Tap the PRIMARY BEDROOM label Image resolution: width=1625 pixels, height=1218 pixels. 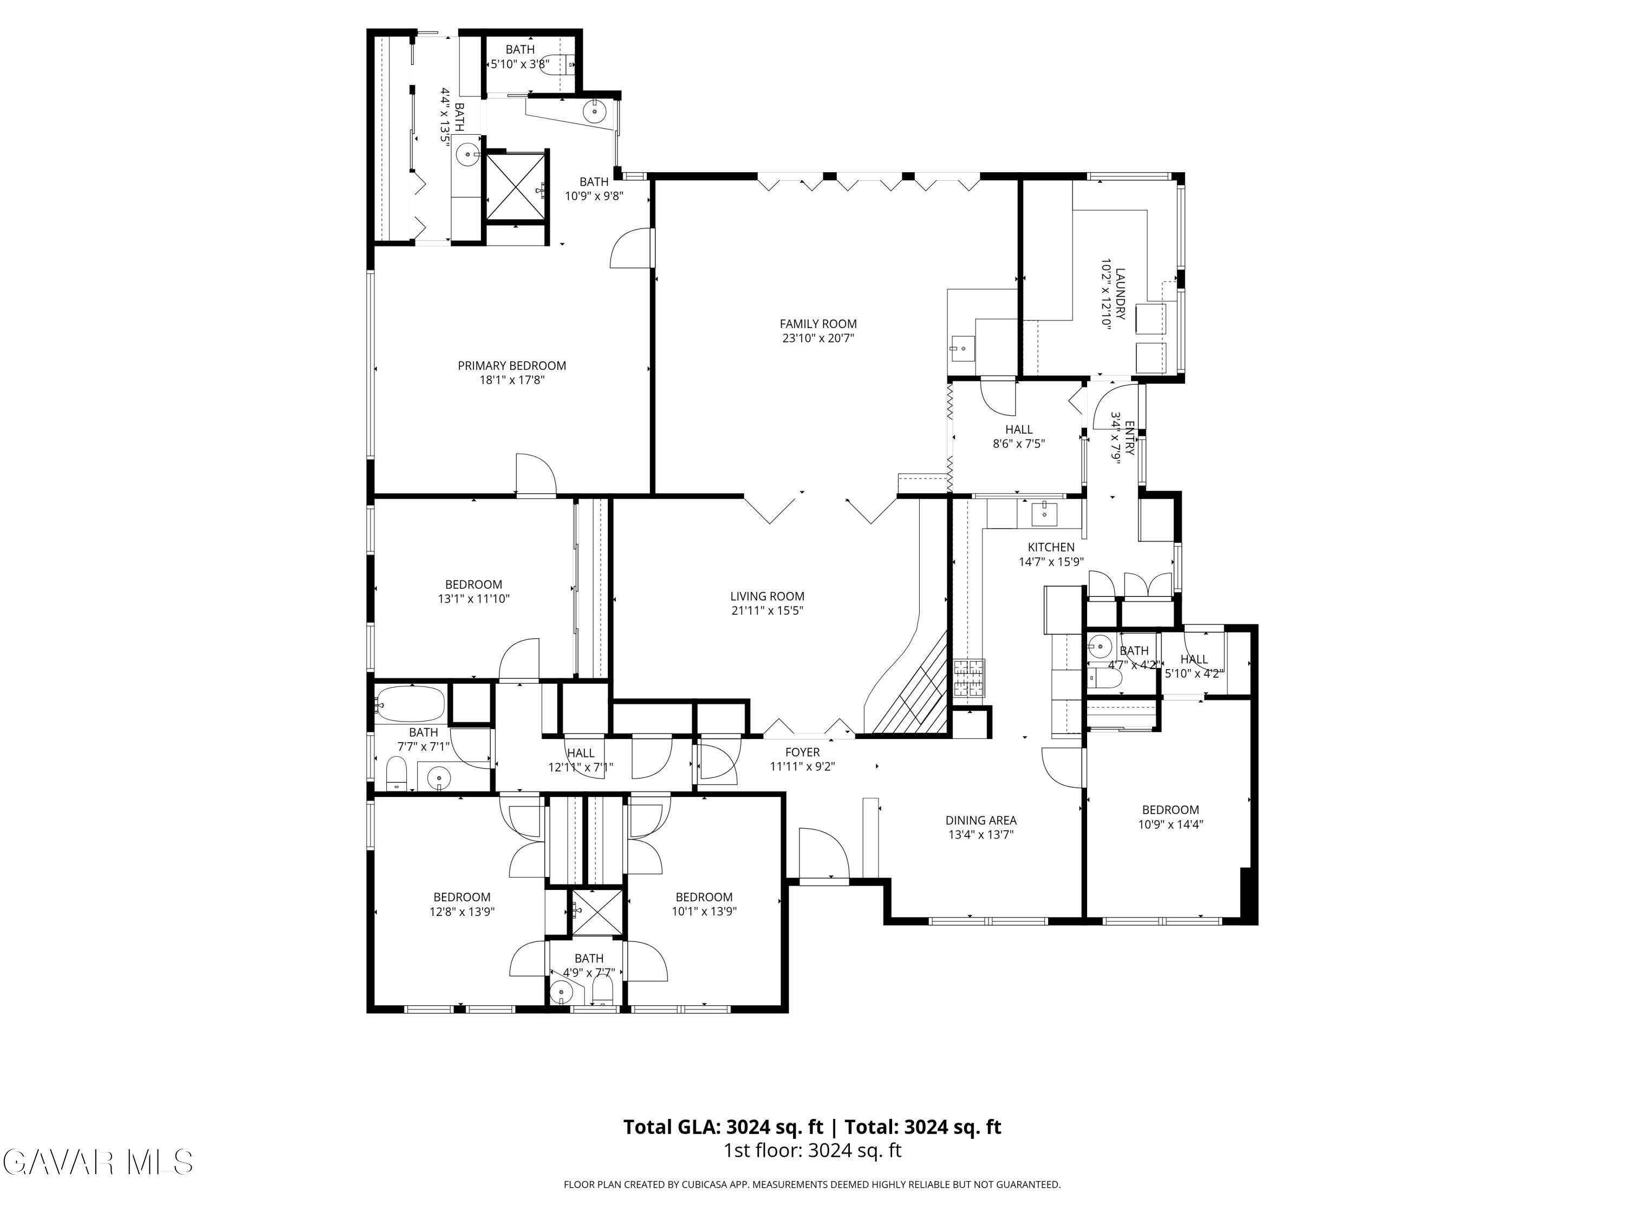tap(512, 365)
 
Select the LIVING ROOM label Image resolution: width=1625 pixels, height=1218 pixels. tap(767, 596)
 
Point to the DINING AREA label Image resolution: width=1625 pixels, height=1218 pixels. tap(981, 820)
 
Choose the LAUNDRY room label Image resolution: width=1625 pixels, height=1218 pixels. tap(1120, 293)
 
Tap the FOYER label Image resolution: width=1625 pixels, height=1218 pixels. tap(802, 752)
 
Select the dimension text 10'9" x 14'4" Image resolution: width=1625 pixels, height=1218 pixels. tap(1170, 824)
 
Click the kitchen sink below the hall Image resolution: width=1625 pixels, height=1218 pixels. tap(1044, 513)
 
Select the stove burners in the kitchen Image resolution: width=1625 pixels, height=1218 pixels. tap(969, 678)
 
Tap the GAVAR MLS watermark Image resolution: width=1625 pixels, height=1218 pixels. tap(97, 1162)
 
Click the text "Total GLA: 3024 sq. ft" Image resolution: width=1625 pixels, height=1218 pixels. tap(723, 1127)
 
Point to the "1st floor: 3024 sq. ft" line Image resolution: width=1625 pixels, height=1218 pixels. tap(812, 1150)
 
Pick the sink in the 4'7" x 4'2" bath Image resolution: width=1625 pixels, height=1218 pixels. tap(1100, 647)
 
